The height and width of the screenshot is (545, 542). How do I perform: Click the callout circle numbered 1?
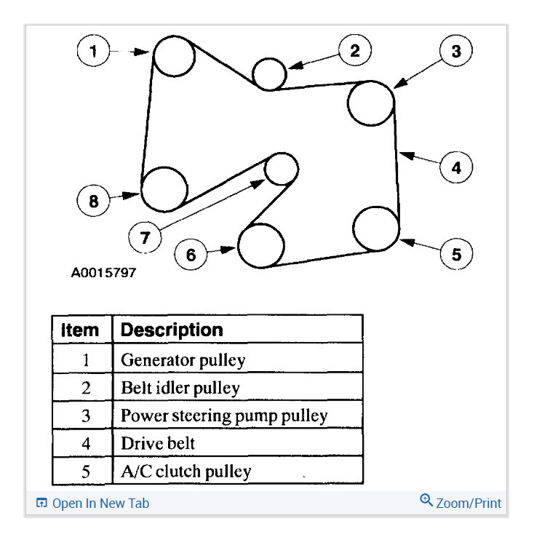click(94, 52)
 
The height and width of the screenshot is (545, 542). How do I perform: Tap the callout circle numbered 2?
click(354, 51)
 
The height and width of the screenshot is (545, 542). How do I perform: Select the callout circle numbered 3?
click(455, 52)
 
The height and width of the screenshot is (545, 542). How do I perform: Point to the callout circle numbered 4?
click(456, 167)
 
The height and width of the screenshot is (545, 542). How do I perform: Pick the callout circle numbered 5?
click(456, 254)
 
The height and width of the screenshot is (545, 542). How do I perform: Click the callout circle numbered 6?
click(191, 254)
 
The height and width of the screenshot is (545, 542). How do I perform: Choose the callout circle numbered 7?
click(145, 236)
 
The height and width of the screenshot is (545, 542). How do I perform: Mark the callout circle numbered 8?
click(94, 201)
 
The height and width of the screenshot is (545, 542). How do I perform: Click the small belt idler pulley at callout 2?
click(269, 73)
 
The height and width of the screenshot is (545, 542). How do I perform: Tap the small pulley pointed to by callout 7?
click(281, 169)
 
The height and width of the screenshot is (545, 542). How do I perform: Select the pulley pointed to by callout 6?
click(260, 246)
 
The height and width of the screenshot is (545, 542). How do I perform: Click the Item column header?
click(81, 330)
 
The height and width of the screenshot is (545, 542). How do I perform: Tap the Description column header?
click(172, 330)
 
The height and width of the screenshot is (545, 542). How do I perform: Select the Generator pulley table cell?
click(183, 359)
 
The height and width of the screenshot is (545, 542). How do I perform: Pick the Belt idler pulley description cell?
click(180, 388)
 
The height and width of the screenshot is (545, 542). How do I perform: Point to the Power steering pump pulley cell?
click(224, 416)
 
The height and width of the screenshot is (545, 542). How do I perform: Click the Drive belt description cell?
click(158, 443)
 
